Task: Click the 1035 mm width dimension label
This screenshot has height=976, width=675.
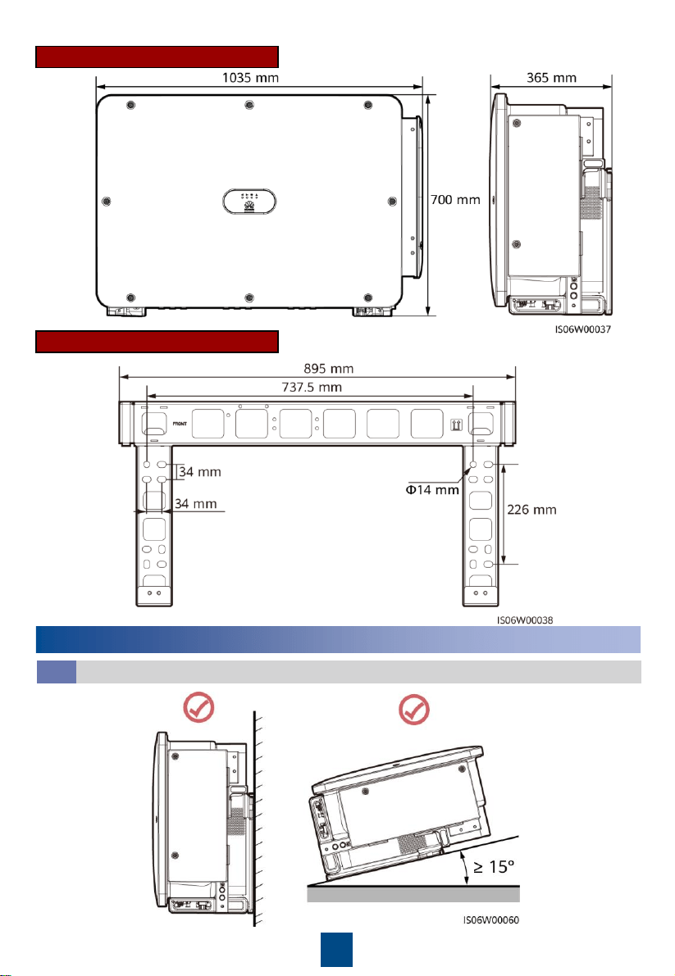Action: tap(250, 78)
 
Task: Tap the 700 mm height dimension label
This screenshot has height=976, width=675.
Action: tap(456, 200)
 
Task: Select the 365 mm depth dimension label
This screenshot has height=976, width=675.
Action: tap(552, 78)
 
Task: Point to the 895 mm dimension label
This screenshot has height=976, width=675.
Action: tap(329, 369)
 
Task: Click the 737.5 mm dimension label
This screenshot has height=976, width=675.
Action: tap(312, 387)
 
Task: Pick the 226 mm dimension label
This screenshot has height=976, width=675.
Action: tap(531, 510)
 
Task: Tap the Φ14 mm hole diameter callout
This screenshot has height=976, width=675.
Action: tap(433, 490)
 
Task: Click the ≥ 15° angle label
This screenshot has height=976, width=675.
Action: tap(495, 866)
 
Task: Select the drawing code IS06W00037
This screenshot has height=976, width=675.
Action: tap(583, 329)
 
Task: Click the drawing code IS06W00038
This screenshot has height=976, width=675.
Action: tap(525, 620)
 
